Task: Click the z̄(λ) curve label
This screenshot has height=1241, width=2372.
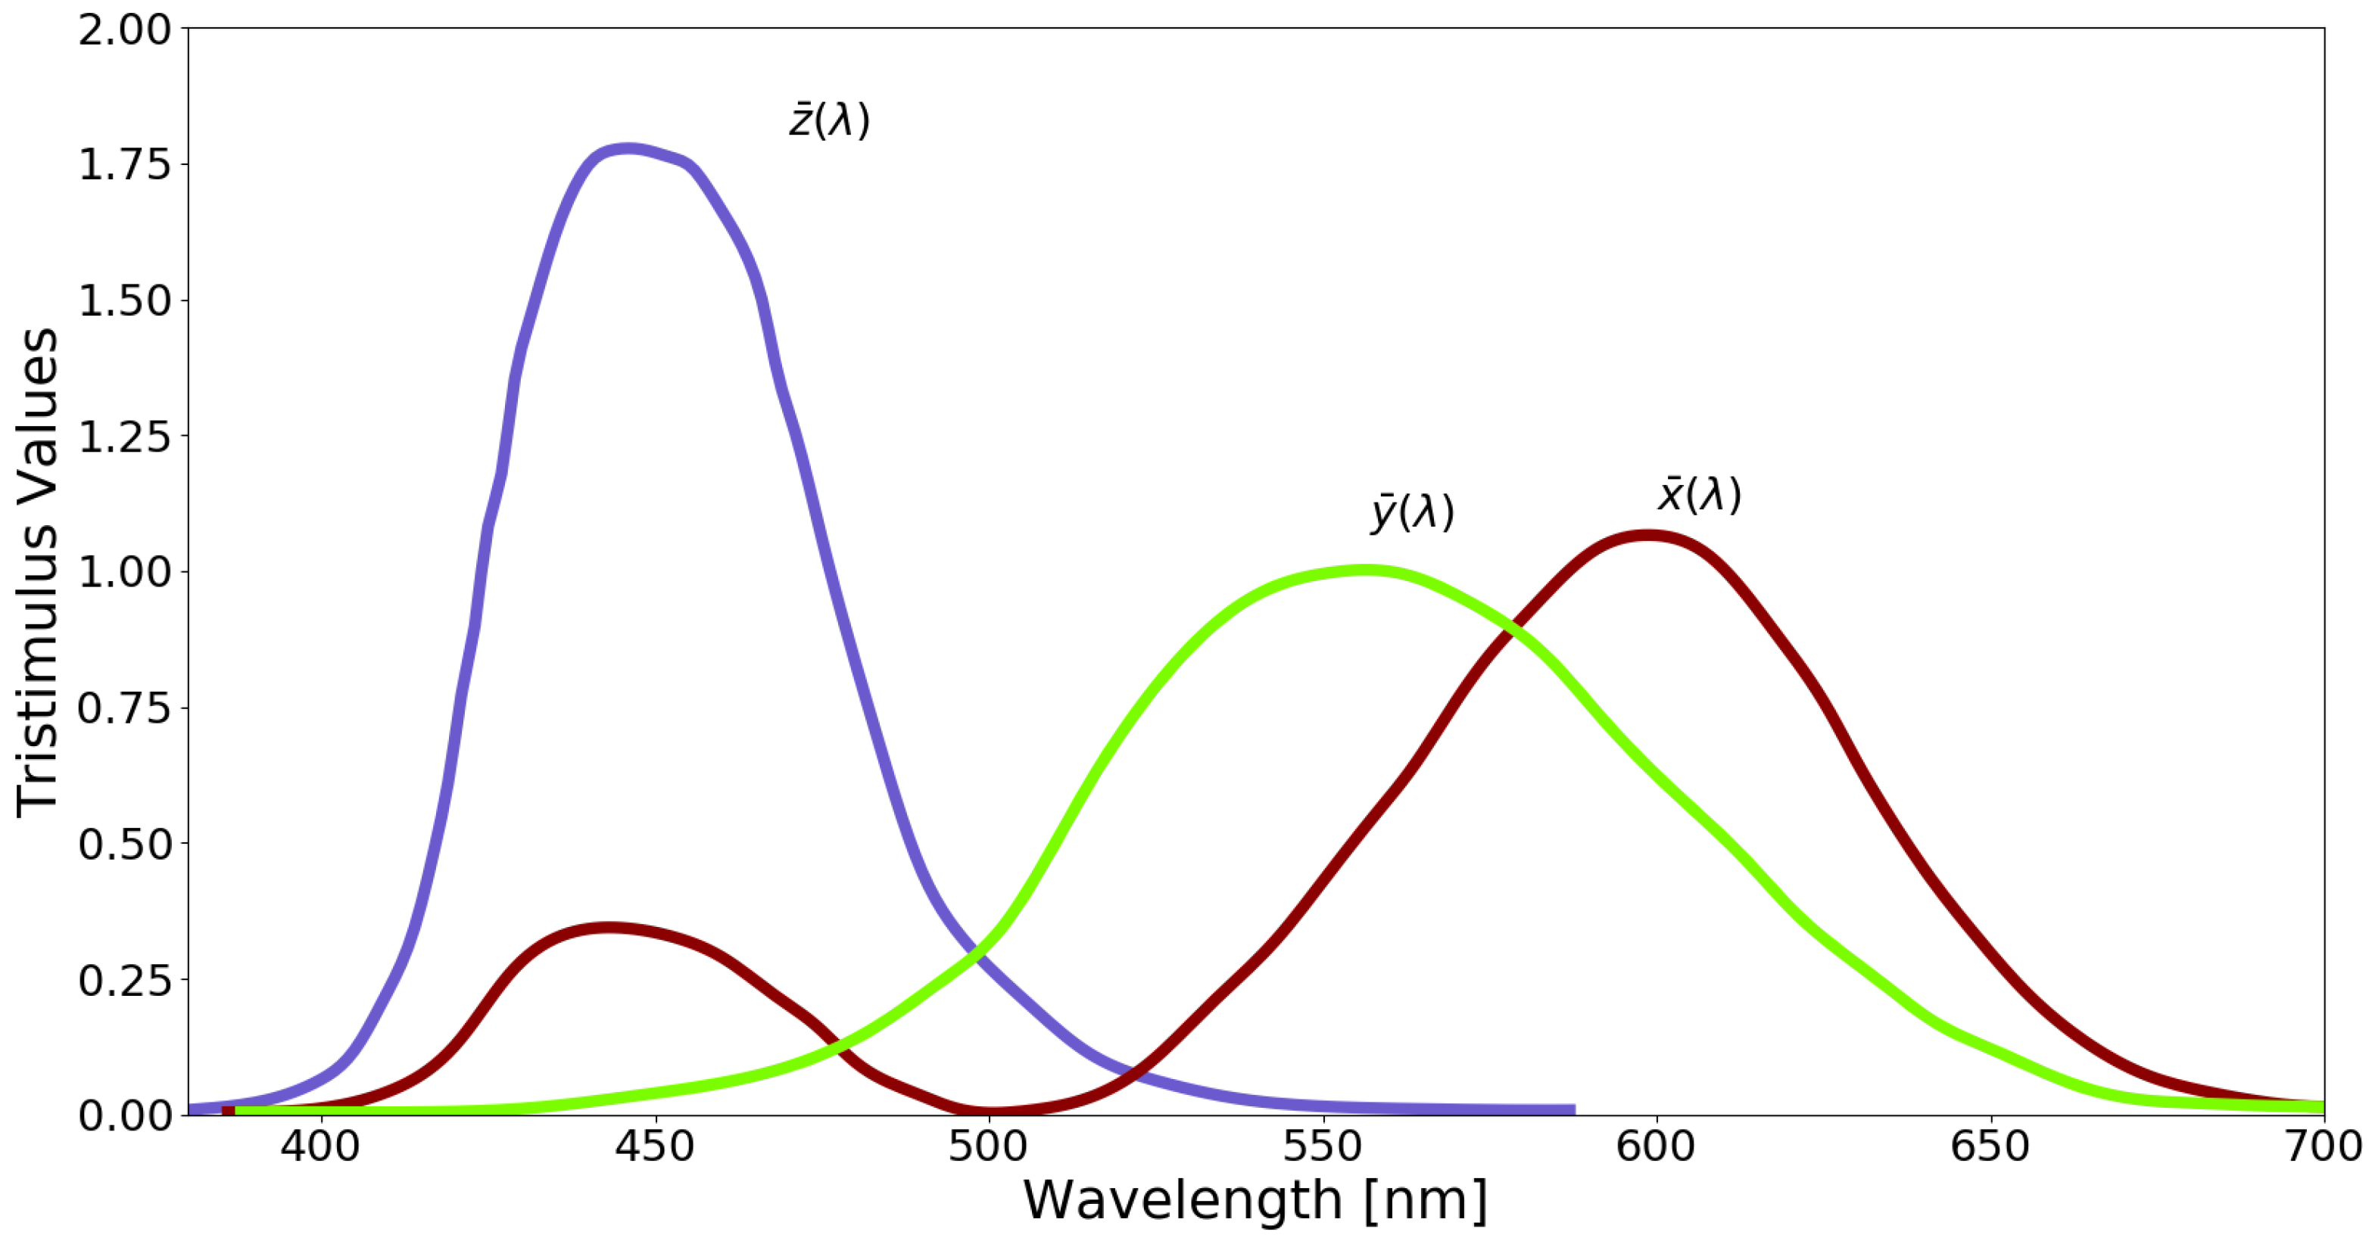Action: point(829,120)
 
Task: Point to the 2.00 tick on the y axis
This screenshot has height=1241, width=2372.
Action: point(125,30)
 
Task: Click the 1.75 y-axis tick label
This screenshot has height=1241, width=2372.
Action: point(125,165)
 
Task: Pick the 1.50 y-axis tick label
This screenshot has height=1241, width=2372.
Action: point(125,301)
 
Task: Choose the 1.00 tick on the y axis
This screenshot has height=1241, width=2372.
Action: point(125,573)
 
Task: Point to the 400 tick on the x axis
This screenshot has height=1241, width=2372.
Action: point(320,1147)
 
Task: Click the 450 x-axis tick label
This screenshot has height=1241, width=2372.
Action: point(655,1147)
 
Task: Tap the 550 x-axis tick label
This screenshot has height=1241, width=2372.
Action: point(1323,1147)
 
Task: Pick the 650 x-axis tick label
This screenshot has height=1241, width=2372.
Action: point(1990,1147)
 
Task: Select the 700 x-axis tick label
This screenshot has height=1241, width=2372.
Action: point(2322,1147)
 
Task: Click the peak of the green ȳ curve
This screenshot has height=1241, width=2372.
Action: point(1366,571)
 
